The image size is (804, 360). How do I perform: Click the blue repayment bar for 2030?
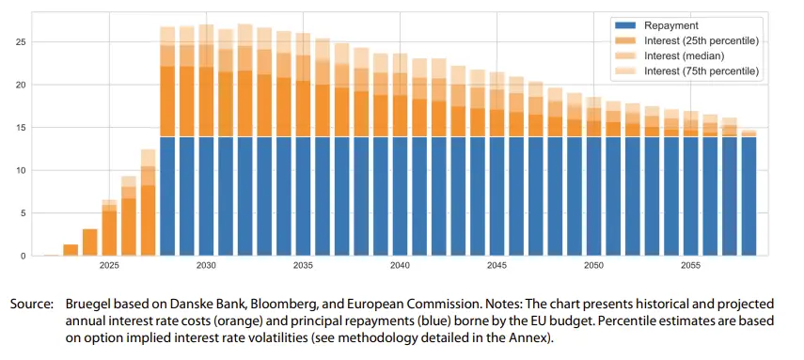pos(206,196)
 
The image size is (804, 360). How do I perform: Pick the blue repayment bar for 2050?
pos(593,196)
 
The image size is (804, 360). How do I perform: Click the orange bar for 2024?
pos(89,243)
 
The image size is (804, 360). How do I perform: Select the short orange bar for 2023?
pos(71,250)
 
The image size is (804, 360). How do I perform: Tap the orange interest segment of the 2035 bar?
pos(303,108)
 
